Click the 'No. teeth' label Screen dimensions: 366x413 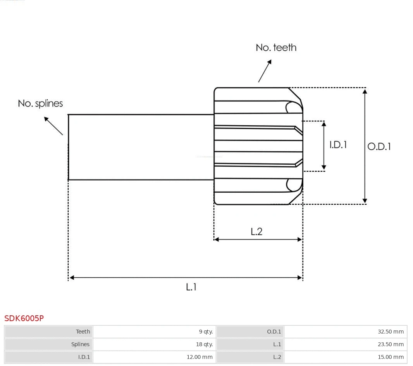click(x=276, y=48)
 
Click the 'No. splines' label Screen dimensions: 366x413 click(x=40, y=104)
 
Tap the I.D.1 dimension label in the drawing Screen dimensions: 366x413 click(x=338, y=145)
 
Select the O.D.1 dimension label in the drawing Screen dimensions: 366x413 click(x=379, y=147)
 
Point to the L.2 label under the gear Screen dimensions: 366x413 click(x=256, y=231)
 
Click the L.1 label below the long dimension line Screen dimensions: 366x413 click(x=191, y=287)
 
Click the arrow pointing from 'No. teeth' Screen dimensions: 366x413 click(x=265, y=71)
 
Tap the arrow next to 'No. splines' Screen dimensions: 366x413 click(x=53, y=125)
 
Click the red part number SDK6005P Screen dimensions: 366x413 click(x=24, y=318)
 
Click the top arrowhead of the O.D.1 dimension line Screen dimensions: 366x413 click(x=365, y=91)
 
